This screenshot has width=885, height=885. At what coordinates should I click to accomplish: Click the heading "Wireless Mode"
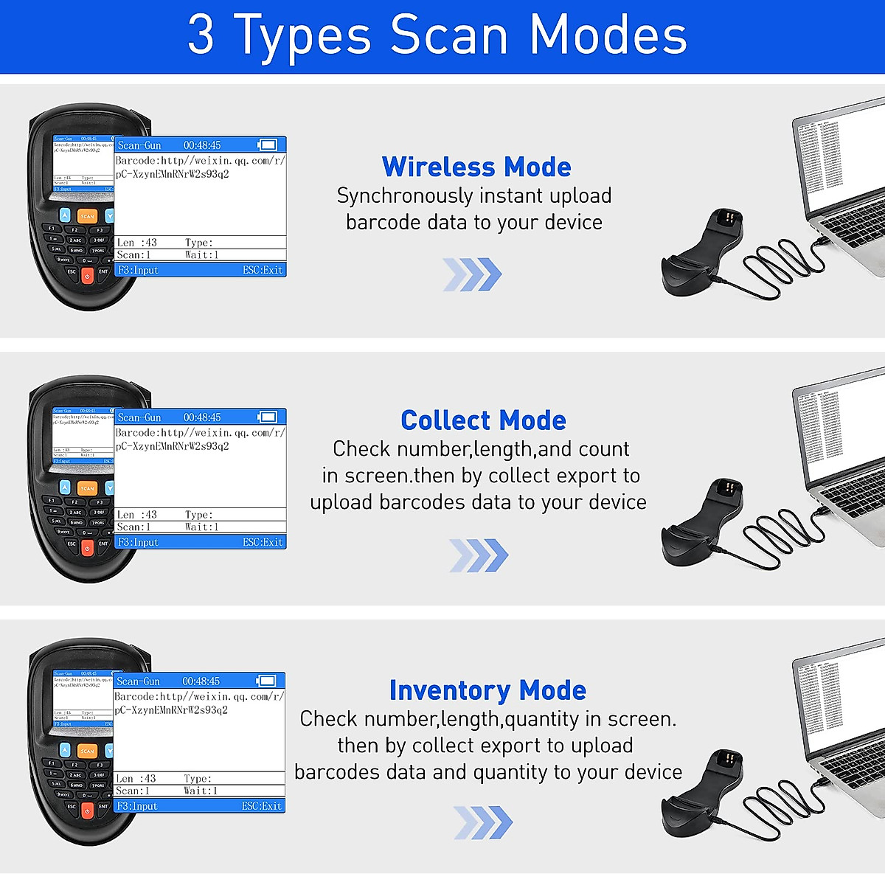click(x=476, y=167)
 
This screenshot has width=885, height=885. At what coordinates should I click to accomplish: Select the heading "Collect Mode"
click(x=483, y=420)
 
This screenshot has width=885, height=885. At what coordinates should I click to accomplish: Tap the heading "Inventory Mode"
click(x=487, y=690)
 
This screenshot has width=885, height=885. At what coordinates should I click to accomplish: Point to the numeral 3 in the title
click(x=201, y=35)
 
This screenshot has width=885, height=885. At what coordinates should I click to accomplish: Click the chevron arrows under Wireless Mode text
click(x=472, y=274)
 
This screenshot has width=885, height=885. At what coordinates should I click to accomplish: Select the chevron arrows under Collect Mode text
click(x=479, y=555)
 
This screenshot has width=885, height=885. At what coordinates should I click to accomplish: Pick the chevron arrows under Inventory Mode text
click(x=482, y=822)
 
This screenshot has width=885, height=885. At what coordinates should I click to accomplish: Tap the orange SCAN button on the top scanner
click(x=88, y=216)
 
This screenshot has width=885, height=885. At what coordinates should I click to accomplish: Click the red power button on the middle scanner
click(x=87, y=548)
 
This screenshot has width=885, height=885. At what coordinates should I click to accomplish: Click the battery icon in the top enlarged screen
click(x=267, y=145)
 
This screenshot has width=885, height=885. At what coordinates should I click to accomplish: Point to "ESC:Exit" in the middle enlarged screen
click(x=263, y=542)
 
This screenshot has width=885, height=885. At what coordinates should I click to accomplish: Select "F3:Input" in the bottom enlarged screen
click(x=137, y=806)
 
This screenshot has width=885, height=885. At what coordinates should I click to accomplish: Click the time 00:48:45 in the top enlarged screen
click(x=202, y=145)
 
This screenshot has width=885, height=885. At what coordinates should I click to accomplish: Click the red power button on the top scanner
click(x=87, y=276)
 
